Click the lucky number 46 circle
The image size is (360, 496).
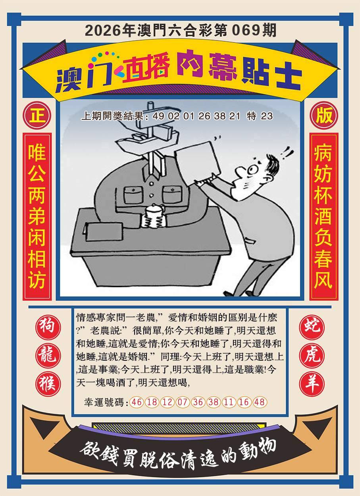(x=137, y=402)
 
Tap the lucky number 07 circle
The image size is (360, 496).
(x=182, y=402)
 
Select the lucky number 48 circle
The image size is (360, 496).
(x=260, y=402)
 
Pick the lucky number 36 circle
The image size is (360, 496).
(x=198, y=402)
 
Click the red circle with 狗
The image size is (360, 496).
(x=48, y=327)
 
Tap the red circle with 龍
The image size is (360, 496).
(x=48, y=356)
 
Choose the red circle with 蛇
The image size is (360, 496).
(x=312, y=327)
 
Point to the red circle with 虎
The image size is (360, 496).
(x=312, y=356)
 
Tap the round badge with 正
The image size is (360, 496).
(x=37, y=115)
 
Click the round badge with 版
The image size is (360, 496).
(x=324, y=115)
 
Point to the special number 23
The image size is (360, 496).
(x=267, y=116)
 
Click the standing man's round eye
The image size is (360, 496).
(x=252, y=170)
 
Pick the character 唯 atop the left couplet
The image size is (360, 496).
(x=37, y=152)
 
